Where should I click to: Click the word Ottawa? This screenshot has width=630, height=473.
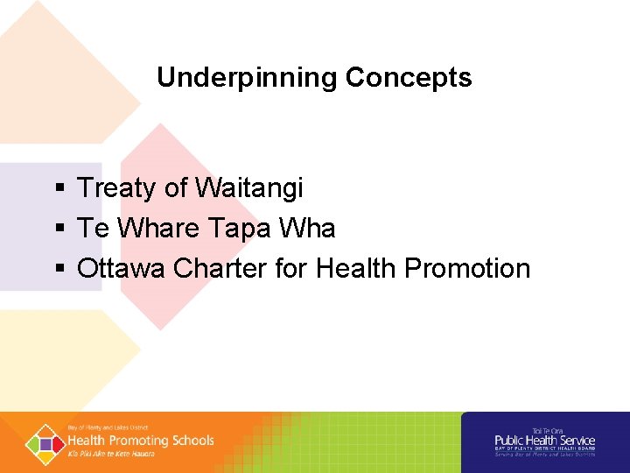122,268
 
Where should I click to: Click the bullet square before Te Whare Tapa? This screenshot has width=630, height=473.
58,229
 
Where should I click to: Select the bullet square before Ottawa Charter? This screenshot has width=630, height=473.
58,269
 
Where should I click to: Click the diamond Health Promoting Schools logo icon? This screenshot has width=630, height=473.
44,442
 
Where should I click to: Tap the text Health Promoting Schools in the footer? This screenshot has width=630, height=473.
140,441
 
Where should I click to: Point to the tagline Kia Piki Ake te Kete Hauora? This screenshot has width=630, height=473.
111,454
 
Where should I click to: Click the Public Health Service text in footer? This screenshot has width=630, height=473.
544,441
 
